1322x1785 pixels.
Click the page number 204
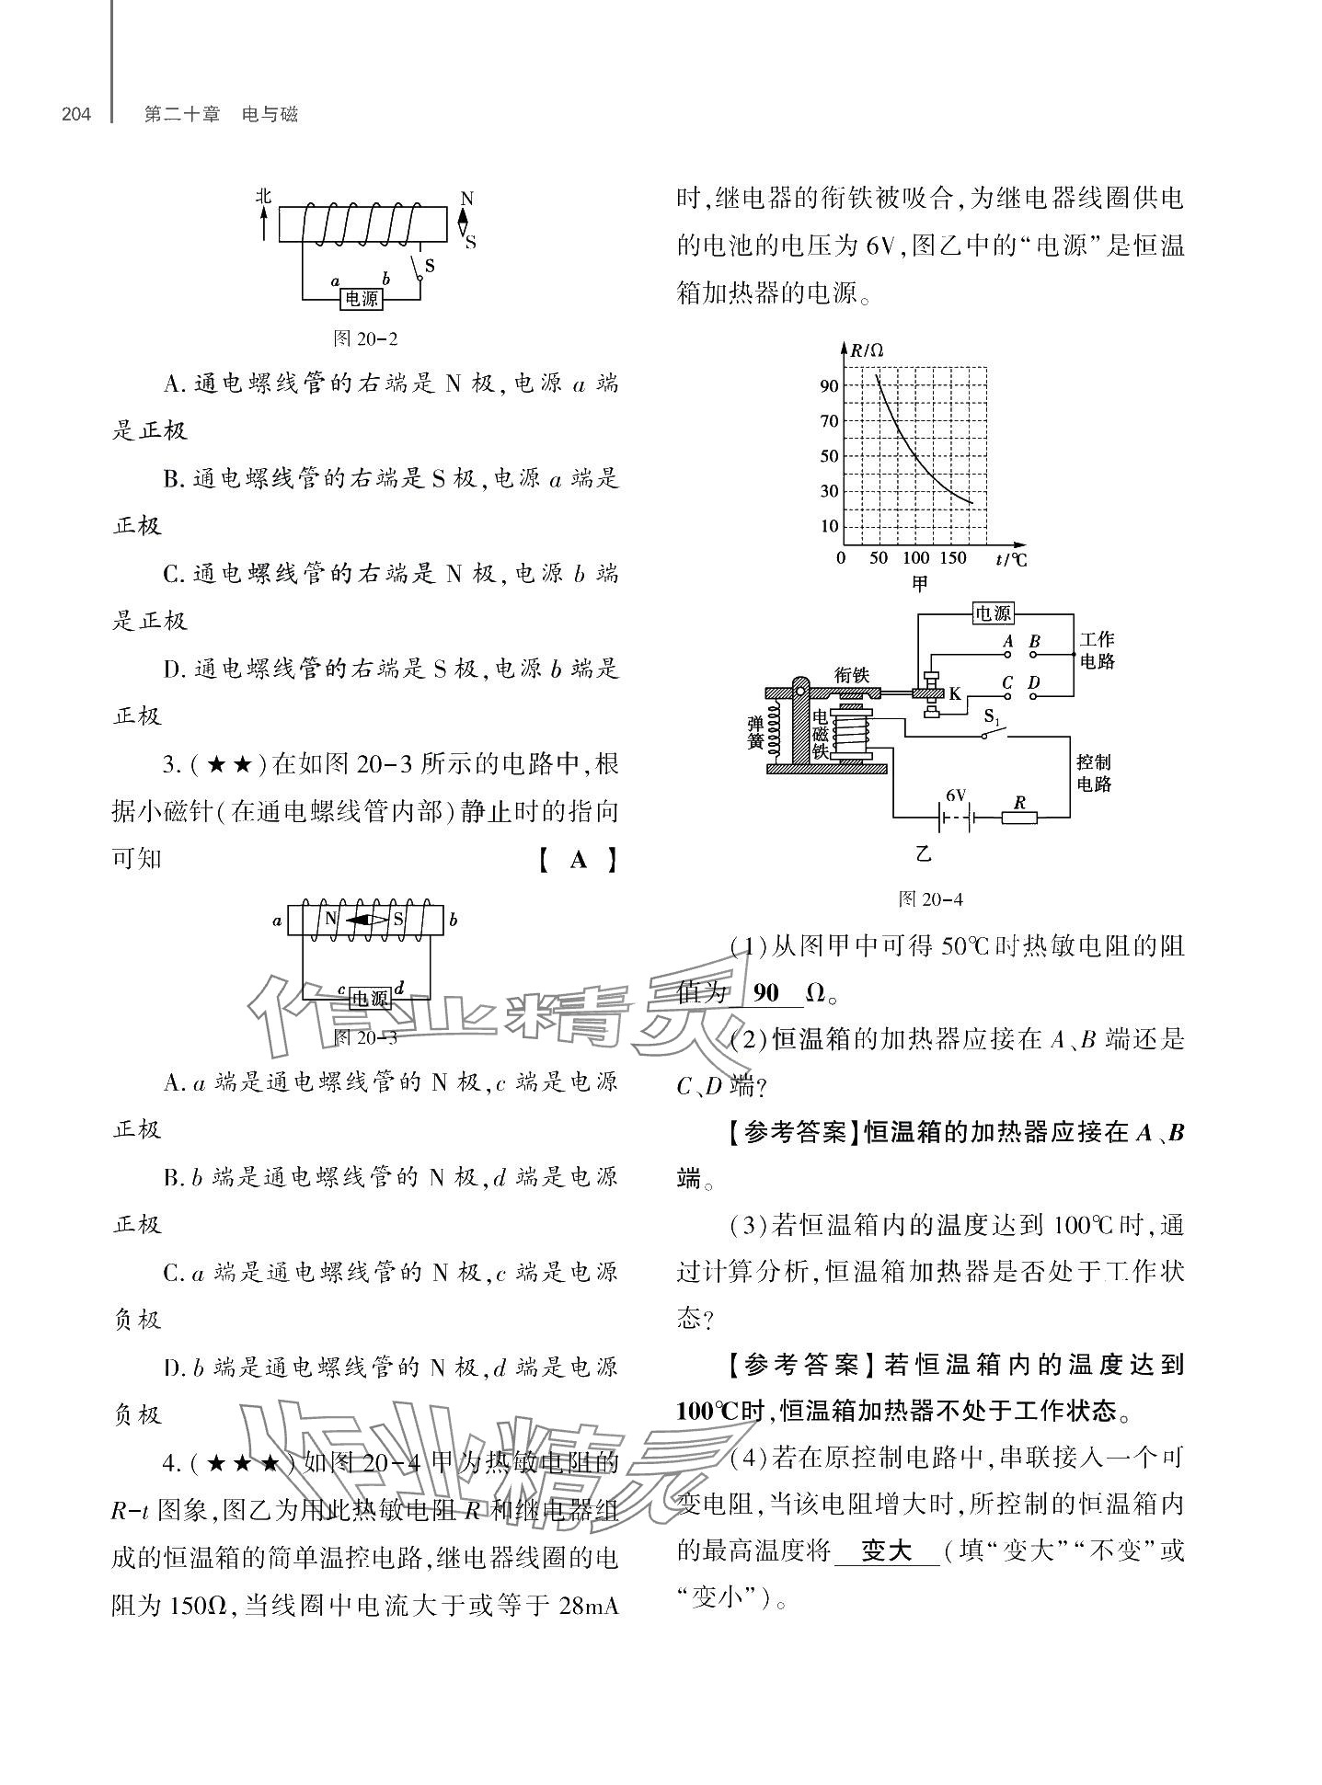click(76, 115)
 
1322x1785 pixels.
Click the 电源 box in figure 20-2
click(362, 299)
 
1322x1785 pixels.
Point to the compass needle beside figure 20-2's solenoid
click(464, 221)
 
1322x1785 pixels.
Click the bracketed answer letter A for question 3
click(577, 860)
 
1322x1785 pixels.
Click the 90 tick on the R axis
click(829, 386)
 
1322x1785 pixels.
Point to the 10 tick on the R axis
click(829, 527)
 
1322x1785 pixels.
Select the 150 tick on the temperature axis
click(953, 558)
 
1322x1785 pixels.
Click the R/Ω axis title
click(866, 350)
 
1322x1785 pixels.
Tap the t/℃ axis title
click(1010, 559)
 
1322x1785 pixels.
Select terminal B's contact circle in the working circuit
click(1033, 656)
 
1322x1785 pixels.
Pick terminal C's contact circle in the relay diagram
click(1008, 696)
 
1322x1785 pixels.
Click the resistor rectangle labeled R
click(1018, 817)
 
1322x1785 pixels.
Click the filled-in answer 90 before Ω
click(765, 993)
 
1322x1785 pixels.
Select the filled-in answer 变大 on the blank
click(886, 1552)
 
